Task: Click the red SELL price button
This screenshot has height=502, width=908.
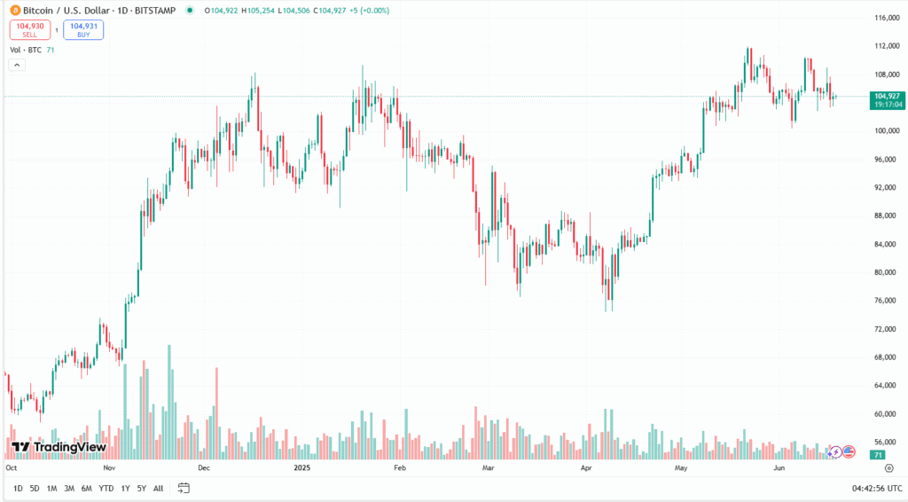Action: click(30, 30)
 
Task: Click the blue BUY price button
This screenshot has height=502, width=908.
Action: click(83, 30)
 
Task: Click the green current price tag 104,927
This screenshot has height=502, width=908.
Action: click(887, 96)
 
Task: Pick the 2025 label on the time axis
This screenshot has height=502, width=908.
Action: click(302, 467)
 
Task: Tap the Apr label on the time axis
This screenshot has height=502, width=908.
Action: click(585, 467)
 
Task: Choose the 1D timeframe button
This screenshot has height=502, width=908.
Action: click(18, 488)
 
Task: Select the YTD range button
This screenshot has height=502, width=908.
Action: click(106, 488)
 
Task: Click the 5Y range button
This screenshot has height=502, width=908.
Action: click(142, 488)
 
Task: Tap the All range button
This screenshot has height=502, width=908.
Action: click(158, 488)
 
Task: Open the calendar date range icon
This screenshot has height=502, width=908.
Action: click(184, 488)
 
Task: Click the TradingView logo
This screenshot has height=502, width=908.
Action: click(59, 447)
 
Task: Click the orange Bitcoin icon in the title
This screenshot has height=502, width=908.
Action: click(15, 11)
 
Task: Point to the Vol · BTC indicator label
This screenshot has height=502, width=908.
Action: click(27, 50)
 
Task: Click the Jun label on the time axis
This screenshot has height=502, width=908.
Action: click(779, 467)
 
